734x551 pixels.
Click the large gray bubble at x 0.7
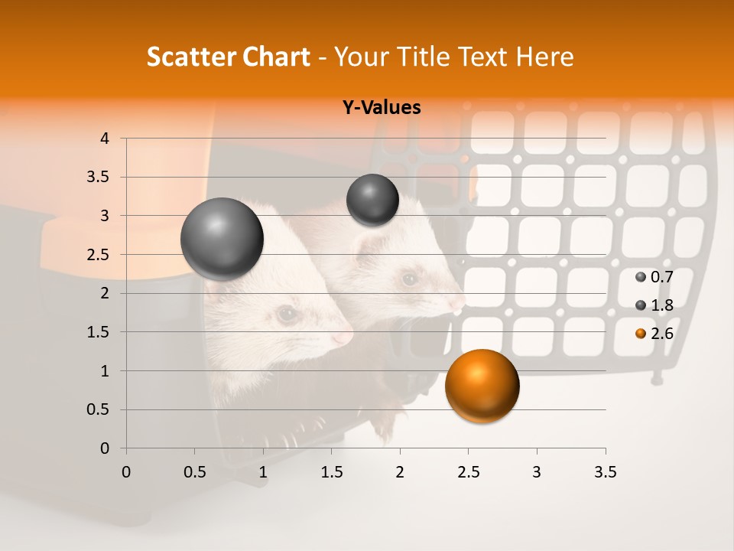point(222,239)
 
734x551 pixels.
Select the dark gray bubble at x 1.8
point(372,200)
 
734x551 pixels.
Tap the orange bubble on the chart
point(482,386)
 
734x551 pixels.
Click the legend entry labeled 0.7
point(655,276)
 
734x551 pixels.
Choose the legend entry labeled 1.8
point(655,305)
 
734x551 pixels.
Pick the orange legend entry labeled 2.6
point(655,333)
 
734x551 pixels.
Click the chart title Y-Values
point(381,108)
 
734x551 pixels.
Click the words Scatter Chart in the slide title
point(228,57)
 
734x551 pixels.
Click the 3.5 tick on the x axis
point(605,472)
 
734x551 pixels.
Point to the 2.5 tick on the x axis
point(468,472)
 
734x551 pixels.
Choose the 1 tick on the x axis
point(263,472)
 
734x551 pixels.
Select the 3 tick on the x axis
point(537,472)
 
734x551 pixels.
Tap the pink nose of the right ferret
point(457,305)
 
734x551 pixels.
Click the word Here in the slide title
point(544,57)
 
